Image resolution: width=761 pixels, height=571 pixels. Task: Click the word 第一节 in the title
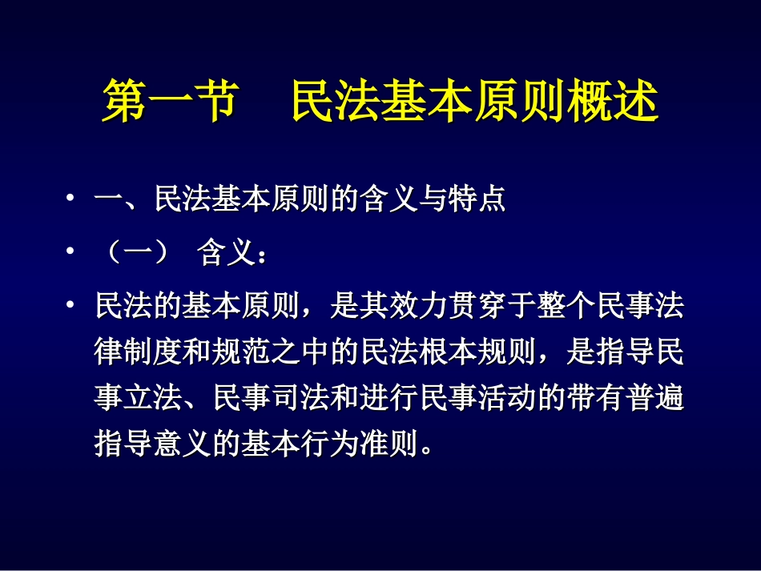click(x=168, y=102)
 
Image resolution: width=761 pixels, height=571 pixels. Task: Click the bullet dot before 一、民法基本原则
click(x=71, y=199)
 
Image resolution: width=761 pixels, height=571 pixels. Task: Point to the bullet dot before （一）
click(x=71, y=254)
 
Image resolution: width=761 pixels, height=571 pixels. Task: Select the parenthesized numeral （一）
click(x=137, y=255)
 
